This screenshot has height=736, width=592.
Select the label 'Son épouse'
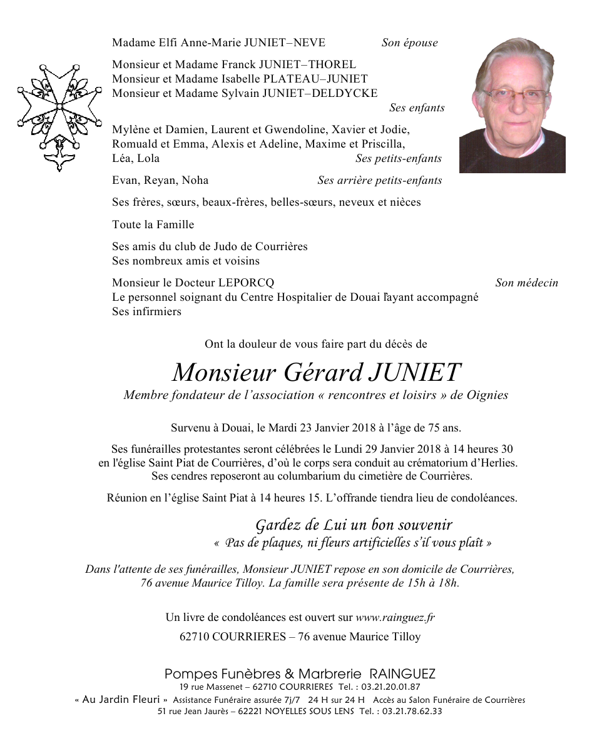click(x=409, y=43)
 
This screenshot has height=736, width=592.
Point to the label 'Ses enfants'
click(x=417, y=108)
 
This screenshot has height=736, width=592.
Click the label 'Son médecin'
click(x=526, y=283)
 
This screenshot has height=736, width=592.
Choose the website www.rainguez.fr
click(x=395, y=617)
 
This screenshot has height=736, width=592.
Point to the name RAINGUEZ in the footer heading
click(x=402, y=674)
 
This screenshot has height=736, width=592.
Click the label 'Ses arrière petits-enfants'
click(x=379, y=180)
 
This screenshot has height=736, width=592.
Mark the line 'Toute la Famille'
click(x=153, y=224)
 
